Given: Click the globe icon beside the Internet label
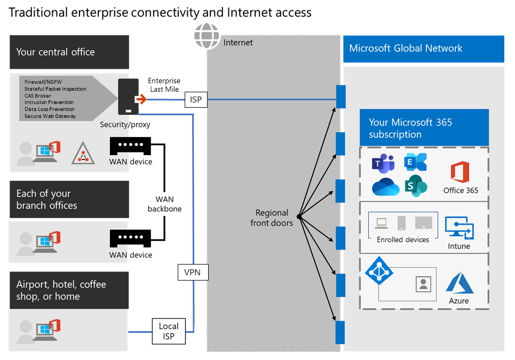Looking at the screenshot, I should (207, 36).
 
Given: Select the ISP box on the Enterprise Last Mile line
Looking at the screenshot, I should (196, 99).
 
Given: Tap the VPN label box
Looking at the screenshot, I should (193, 273).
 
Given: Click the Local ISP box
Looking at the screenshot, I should (169, 332).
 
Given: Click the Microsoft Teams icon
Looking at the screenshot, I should (383, 162).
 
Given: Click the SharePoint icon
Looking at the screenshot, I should (416, 186).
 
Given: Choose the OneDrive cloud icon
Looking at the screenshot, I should (385, 187).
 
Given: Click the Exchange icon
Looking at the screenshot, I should (416, 162).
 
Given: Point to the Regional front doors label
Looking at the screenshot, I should (272, 218).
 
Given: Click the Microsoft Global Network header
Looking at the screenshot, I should (406, 49).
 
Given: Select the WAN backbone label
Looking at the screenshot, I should (164, 204).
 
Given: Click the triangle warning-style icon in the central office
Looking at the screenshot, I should (83, 153).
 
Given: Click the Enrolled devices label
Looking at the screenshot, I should (403, 239).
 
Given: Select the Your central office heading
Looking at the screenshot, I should (56, 52).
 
